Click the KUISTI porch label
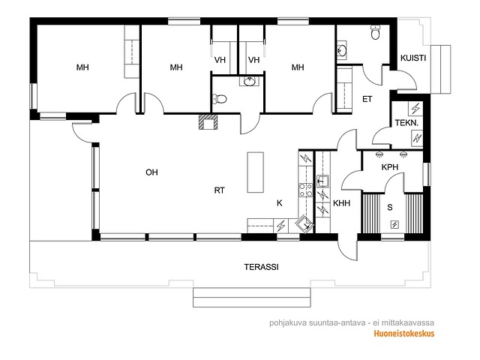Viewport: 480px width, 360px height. pyautogui.click(x=413, y=58)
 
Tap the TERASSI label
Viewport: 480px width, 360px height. pyautogui.click(x=261, y=267)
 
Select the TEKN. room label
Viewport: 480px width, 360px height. pyautogui.click(x=406, y=123)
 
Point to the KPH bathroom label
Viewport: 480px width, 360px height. pyautogui.click(x=390, y=167)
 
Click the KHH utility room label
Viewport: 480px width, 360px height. pyautogui.click(x=342, y=203)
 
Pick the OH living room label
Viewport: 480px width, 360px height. pyautogui.click(x=151, y=172)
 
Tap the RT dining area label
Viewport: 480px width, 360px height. pyautogui.click(x=219, y=190)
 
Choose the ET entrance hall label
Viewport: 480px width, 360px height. pyautogui.click(x=367, y=99)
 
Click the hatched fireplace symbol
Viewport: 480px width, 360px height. pyautogui.click(x=208, y=121)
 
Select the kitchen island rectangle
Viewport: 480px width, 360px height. pyautogui.click(x=255, y=172)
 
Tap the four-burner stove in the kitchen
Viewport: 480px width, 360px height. pyautogui.click(x=305, y=190)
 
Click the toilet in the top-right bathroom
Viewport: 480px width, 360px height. pyautogui.click(x=375, y=32)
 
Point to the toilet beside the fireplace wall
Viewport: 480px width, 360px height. pyautogui.click(x=219, y=99)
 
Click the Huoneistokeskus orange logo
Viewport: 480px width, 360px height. pyautogui.click(x=404, y=333)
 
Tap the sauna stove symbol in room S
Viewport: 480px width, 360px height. pyautogui.click(x=394, y=225)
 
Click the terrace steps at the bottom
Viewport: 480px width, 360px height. pyautogui.click(x=252, y=297)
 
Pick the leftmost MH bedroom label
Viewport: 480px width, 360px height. pyautogui.click(x=82, y=67)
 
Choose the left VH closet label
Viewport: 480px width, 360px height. pyautogui.click(x=220, y=60)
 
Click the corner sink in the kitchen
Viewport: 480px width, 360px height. pyautogui.click(x=304, y=223)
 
